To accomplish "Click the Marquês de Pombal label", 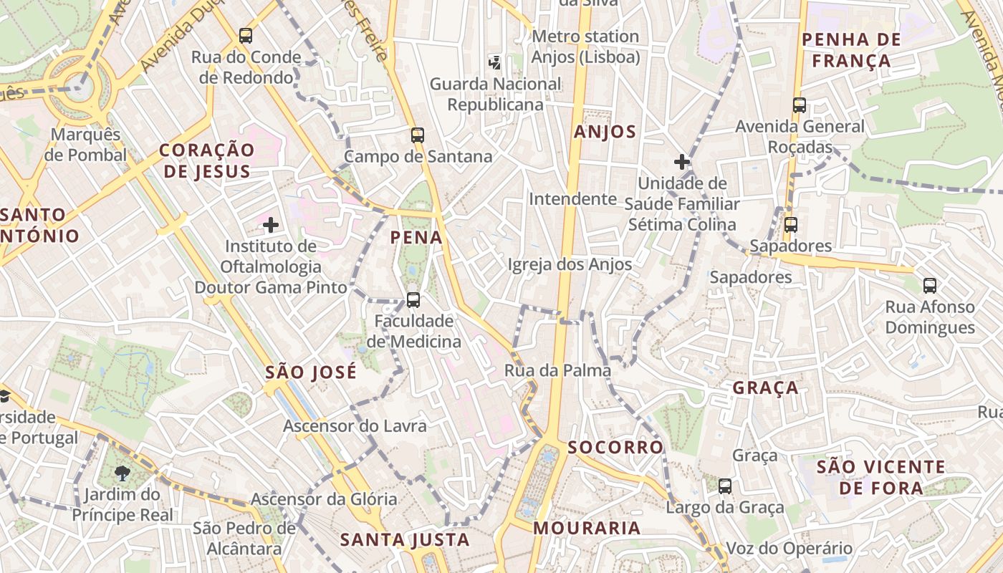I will [x=85, y=144].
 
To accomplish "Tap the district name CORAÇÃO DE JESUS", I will [x=207, y=160].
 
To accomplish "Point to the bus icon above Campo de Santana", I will [x=417, y=135].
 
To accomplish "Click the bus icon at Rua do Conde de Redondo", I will [x=245, y=35].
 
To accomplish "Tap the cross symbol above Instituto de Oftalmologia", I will [x=270, y=225].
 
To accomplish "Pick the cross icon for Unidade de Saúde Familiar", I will [x=681, y=162].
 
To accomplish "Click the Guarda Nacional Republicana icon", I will [x=494, y=62].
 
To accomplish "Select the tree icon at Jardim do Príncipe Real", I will [x=123, y=473].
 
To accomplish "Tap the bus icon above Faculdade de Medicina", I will [x=413, y=299].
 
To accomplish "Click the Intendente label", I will [x=572, y=198].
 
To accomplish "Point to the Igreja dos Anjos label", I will [x=570, y=264].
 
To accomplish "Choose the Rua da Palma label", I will [x=557, y=370].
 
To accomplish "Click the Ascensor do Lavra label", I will [x=355, y=426].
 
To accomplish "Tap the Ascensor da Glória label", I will [x=324, y=499].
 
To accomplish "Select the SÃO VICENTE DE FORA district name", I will [x=880, y=478].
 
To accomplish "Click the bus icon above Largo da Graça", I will [x=725, y=486].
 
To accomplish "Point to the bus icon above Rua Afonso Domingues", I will [x=929, y=286].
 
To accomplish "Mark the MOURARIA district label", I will [x=587, y=529].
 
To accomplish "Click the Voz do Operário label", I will [x=790, y=549].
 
